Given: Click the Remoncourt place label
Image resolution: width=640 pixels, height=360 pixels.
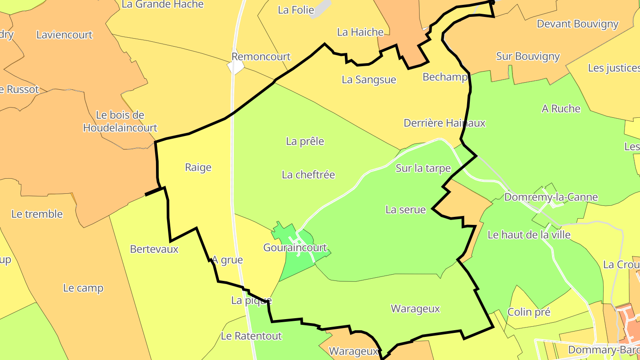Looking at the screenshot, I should pos(261,56).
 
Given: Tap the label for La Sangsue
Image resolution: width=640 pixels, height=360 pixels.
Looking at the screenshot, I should pos(368,80).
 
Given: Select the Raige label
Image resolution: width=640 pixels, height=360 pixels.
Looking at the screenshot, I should pos(198,167).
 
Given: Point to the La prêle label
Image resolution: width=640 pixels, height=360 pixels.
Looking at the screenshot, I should pos(305,141).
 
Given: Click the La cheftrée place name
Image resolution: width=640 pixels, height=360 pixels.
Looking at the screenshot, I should pos(308,175).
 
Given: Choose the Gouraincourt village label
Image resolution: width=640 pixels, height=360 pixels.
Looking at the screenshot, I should pos(295,248).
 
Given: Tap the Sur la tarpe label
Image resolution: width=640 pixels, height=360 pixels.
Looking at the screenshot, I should pos(423,168).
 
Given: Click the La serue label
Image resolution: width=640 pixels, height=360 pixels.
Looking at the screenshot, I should pos(405,209).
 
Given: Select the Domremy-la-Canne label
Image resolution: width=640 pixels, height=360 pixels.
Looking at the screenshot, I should pos(551,197).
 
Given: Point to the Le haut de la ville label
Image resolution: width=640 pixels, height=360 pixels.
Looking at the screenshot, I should pos(529,234).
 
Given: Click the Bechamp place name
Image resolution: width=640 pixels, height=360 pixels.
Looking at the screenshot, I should pos(445,77).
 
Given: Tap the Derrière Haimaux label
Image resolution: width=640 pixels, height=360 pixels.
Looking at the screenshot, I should pos(444,123).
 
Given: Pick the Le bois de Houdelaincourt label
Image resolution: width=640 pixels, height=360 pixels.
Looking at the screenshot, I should pos(120,121).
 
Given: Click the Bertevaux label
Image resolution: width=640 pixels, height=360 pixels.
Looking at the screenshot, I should pos(154,249).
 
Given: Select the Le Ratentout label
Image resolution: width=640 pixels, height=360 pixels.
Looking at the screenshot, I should pos(251,336).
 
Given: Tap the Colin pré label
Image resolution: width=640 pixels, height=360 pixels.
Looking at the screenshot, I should pos(528,312).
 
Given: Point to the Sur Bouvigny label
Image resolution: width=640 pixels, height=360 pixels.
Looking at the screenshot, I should pos(528,56).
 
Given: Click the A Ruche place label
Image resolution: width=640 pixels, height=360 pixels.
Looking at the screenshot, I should pos(560,108).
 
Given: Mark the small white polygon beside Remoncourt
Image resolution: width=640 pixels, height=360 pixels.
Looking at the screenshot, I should pos(236,67).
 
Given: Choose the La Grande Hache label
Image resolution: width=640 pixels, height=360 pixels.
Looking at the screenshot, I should pos(162,4).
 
